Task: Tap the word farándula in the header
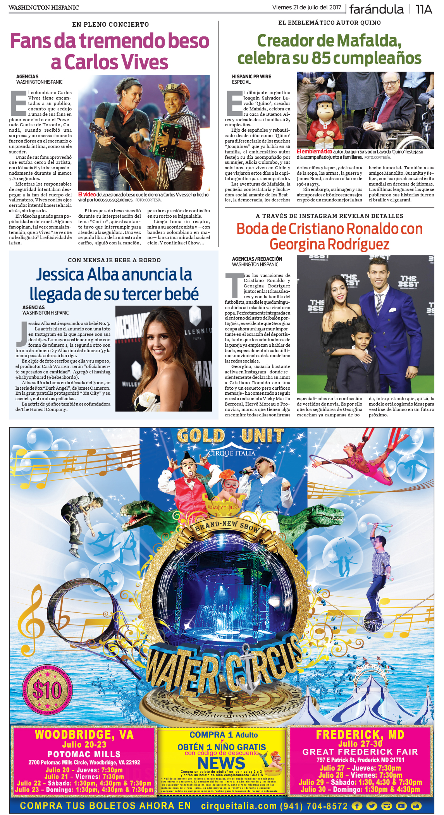coord(376,9)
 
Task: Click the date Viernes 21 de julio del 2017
coord(306,7)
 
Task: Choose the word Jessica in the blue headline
coord(60,274)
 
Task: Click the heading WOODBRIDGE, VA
coord(84,734)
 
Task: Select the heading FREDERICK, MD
coord(360,734)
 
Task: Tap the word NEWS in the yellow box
coord(221,763)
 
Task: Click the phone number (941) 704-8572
coord(313,806)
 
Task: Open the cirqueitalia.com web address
coord(239,806)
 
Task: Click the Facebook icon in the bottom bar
coord(357,806)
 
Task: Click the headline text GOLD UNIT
coord(230,436)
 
